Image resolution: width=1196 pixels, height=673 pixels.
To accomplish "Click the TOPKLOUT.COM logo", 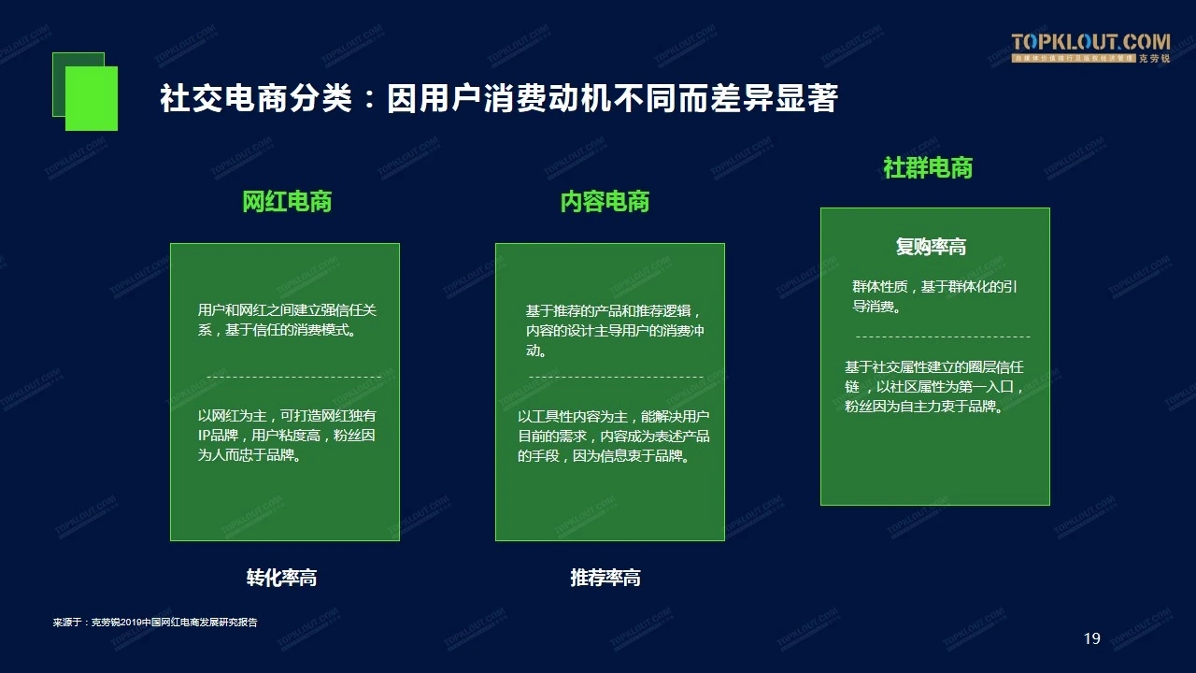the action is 1090,48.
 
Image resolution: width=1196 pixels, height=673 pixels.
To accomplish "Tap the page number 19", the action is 1092,638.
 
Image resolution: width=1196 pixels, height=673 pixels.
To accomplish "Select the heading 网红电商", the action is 287,201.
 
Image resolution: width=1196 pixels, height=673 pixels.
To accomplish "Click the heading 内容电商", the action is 605,201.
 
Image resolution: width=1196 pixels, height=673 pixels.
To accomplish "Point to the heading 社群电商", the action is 928,167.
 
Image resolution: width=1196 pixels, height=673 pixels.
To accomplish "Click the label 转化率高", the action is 281,578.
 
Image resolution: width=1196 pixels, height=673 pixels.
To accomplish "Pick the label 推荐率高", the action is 605,578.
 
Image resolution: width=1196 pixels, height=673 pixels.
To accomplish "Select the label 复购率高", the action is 931,247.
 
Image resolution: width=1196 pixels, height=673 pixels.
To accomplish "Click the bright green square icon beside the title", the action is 92,98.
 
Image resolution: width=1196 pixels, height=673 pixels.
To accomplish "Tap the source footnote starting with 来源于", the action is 155,623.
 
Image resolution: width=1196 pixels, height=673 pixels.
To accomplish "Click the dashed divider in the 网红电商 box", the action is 294,377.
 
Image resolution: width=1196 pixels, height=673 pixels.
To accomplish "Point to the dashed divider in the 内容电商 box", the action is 616,377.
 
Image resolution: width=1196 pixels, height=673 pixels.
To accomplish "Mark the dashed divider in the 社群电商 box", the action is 943,336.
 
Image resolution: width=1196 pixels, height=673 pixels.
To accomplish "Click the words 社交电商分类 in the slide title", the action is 256,98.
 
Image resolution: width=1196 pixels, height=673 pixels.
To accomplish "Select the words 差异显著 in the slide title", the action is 774,98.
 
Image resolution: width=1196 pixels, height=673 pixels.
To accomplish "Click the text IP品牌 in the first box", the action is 218,436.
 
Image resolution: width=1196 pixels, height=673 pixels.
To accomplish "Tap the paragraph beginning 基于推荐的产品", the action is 615,331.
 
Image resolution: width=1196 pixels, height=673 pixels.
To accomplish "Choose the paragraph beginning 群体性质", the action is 934,296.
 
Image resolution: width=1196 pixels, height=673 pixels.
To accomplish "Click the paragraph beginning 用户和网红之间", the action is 287,320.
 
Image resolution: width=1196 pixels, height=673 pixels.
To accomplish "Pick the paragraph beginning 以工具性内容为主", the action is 614,436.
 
